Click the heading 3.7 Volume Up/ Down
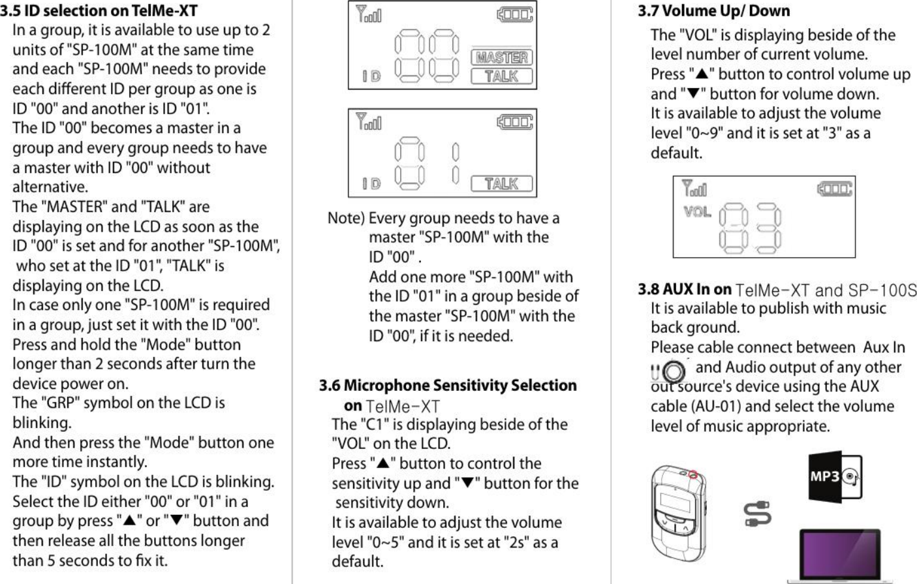click(x=713, y=11)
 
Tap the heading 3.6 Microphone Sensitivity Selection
click(x=448, y=386)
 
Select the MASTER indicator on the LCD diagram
click(x=501, y=57)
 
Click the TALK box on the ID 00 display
click(x=501, y=76)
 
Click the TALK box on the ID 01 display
click(x=501, y=184)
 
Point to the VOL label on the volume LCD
click(x=697, y=212)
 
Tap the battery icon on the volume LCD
click(x=834, y=189)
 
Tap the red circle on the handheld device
click(x=693, y=474)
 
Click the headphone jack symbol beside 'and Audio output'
click(x=670, y=371)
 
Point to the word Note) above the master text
click(x=346, y=218)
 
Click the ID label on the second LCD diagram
click(x=372, y=184)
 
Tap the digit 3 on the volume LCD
click(x=768, y=228)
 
